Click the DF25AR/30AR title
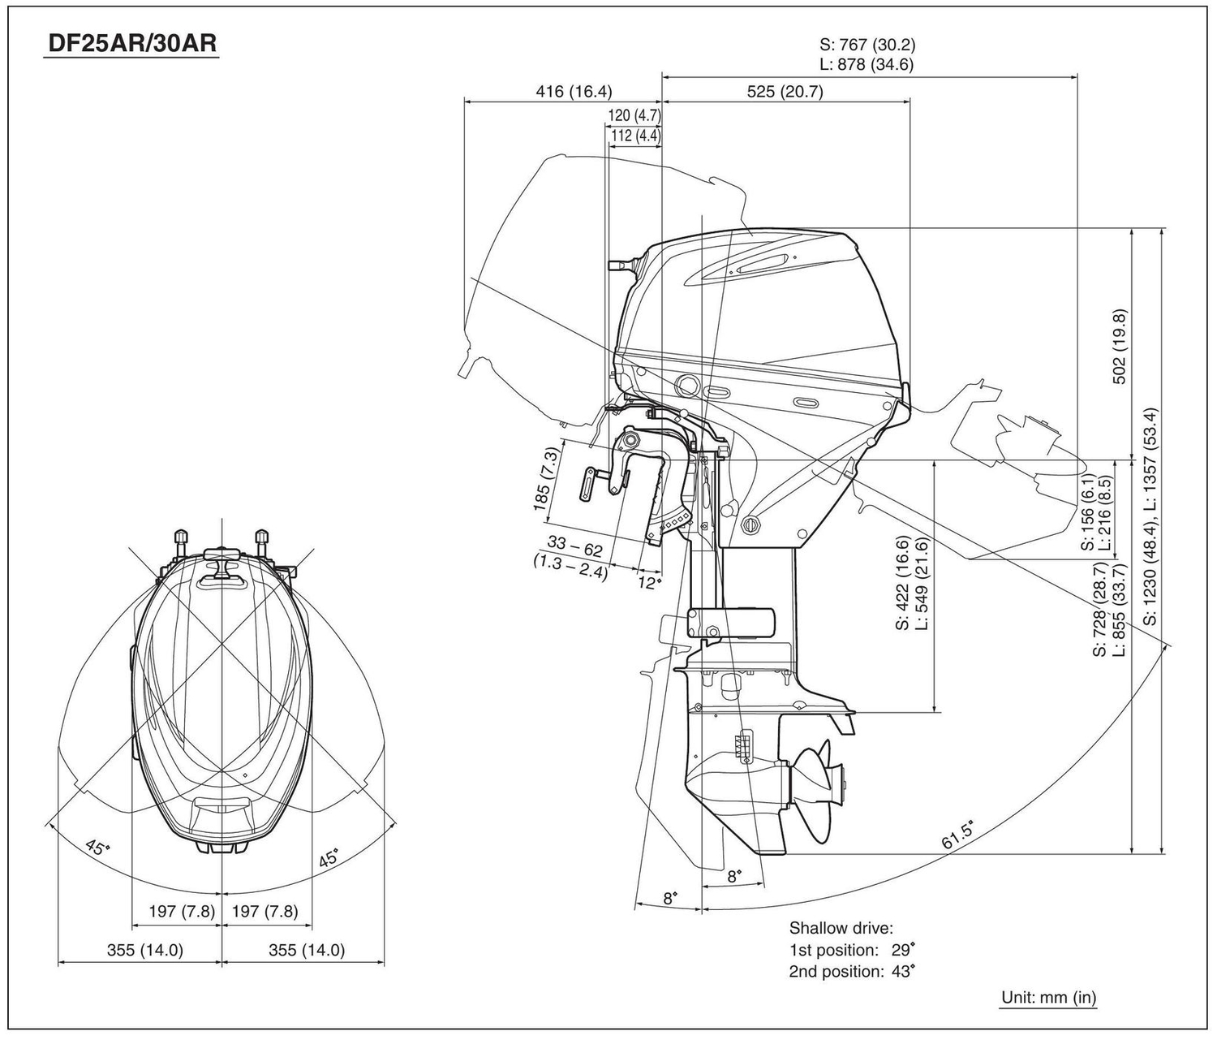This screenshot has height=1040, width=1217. tap(132, 44)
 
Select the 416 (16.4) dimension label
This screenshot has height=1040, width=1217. tap(574, 91)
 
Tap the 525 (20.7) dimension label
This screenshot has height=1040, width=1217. tap(785, 91)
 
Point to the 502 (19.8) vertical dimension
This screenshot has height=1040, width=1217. tap(1119, 346)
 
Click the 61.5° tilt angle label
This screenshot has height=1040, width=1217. tap(957, 835)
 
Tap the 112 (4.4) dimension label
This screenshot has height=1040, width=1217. tap(635, 136)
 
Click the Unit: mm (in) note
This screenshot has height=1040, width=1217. tap(1048, 997)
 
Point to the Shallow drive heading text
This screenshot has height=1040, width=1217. tap(841, 928)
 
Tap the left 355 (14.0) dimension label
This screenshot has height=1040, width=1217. tap(145, 950)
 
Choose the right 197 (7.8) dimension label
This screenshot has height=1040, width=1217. tap(265, 911)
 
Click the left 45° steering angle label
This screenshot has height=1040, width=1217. tap(97, 848)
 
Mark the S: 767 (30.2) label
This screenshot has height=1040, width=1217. tap(867, 44)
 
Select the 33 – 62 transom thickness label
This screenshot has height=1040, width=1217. tap(574, 546)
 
